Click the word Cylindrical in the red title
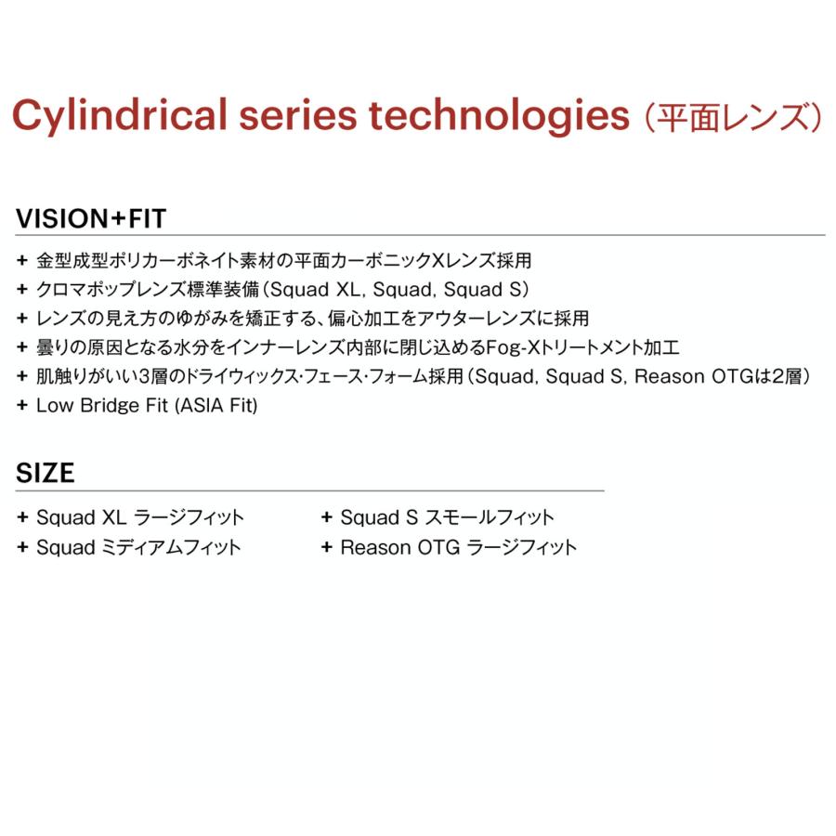tap(120, 115)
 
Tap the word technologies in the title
tap(499, 115)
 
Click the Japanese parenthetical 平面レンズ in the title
tap(734, 117)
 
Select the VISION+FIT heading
tap(91, 218)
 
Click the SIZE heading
tap(46, 473)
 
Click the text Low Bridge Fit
tap(102, 405)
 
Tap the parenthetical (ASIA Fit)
tap(216, 405)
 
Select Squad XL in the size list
tap(81, 517)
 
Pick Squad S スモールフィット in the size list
tap(448, 517)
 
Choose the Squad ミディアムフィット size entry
tap(138, 547)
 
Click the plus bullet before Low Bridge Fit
tap(22, 405)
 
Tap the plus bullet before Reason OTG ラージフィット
tap(326, 546)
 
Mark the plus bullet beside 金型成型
tap(22, 260)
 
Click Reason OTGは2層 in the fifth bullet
tap(718, 376)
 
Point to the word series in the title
tap(297, 115)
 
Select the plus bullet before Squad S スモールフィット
tap(326, 516)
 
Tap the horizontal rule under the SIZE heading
tap(309, 490)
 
